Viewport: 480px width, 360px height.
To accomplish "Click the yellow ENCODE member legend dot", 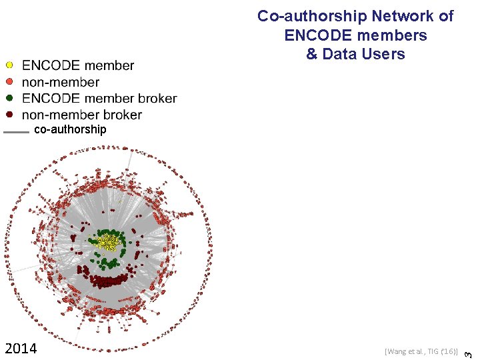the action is click(9, 65).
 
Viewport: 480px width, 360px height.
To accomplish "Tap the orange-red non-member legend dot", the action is click(9, 82).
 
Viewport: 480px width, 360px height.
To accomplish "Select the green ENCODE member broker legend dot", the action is click(9, 98).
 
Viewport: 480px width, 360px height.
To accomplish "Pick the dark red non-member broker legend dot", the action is click(9, 114).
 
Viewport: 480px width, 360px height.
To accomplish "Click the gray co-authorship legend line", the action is click(16, 132).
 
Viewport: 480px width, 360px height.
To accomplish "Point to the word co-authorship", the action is click(69, 129).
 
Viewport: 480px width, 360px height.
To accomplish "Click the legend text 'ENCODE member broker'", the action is click(99, 99).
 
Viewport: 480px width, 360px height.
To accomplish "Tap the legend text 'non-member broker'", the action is click(82, 115).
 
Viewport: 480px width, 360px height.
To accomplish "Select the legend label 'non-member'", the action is click(61, 83).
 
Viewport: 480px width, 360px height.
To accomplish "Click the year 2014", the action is click(21, 349).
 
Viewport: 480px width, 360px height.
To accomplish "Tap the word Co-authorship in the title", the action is click(304, 16).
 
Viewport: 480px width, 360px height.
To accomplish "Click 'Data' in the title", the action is click(341, 54).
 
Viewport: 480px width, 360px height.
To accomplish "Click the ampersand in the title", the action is click(312, 54).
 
